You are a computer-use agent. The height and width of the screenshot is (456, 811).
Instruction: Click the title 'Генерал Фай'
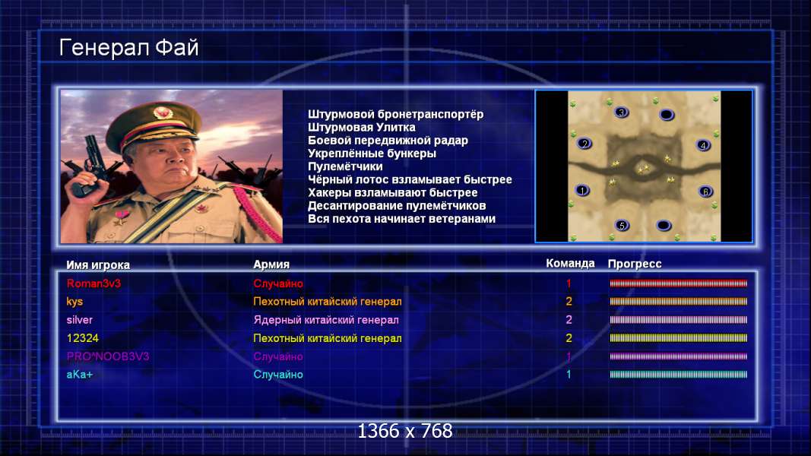128,48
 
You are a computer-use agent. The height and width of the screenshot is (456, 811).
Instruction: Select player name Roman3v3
93,283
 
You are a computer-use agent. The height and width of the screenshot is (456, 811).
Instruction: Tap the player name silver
80,320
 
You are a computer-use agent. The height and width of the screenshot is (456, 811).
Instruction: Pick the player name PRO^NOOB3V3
108,356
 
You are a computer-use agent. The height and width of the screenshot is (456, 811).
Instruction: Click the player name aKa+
80,375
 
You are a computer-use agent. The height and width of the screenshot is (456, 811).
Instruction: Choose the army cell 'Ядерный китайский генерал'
326,320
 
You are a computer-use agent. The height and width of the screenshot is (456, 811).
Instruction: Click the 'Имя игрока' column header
98,264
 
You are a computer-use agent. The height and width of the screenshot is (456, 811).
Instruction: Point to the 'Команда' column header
570,263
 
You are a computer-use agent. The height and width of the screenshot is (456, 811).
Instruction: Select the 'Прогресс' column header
635,264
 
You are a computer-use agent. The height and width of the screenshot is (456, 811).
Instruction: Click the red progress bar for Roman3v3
678,283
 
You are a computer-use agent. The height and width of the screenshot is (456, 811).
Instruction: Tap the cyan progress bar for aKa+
678,375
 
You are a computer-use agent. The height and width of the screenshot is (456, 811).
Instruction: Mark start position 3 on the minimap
622,112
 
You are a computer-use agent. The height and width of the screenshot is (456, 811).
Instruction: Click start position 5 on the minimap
623,225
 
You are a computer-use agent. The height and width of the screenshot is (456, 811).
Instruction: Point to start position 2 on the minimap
584,144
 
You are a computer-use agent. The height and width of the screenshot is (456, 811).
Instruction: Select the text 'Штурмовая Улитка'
362,127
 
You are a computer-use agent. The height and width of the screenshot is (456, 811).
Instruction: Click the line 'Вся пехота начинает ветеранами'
401,219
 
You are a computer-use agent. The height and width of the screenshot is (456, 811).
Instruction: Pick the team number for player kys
569,302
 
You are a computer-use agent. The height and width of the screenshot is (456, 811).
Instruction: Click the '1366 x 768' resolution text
405,431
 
